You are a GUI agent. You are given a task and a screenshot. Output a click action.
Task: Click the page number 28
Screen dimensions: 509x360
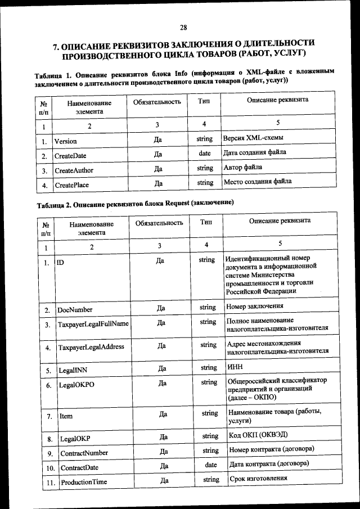click(183, 27)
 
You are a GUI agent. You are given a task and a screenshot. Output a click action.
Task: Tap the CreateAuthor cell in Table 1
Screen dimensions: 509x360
click(74, 170)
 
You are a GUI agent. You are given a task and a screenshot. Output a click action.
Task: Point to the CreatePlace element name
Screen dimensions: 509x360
click(71, 185)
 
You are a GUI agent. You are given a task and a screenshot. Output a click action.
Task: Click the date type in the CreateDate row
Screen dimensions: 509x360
click(205, 153)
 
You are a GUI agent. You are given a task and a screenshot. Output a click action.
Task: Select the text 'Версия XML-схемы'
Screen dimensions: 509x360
click(253, 138)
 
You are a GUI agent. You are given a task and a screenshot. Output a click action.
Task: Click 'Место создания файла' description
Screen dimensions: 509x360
click(257, 182)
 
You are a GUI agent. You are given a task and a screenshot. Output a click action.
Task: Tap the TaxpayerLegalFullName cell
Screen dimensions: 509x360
click(93, 325)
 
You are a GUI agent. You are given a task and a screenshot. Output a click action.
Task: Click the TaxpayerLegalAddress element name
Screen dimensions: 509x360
click(91, 347)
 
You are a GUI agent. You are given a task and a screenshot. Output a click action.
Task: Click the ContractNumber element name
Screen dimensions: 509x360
click(84, 453)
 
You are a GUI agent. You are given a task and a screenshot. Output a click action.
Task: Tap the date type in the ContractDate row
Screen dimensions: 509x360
click(211, 465)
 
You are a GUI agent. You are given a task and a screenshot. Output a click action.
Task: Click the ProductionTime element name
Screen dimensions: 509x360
click(84, 483)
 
